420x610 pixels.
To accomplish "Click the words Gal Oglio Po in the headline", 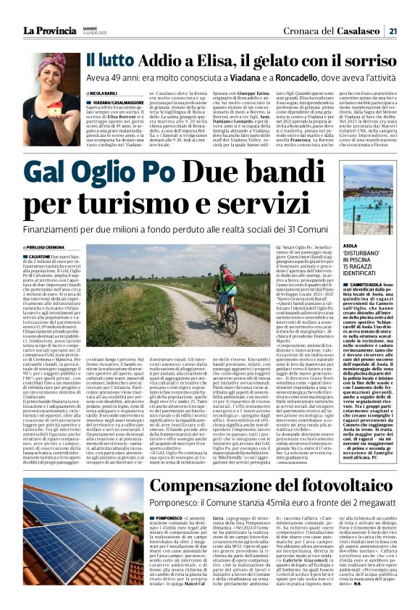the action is coord(93,172).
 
